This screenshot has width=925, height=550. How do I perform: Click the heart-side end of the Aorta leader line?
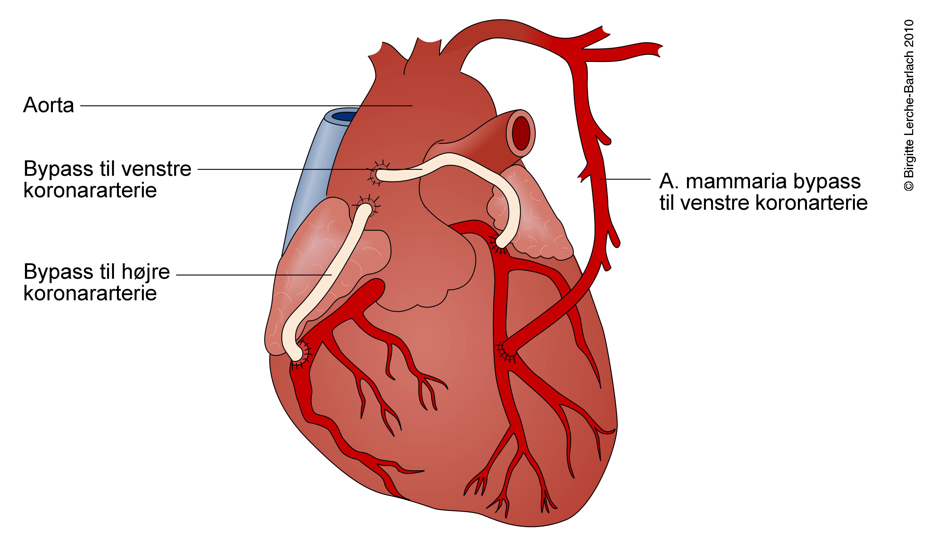pyautogui.click(x=412, y=106)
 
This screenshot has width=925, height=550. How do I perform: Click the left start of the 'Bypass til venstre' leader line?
pyautogui.click(x=198, y=169)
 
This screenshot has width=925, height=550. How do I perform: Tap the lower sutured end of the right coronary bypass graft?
pyautogui.click(x=298, y=354)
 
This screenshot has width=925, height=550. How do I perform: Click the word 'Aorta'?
pyautogui.click(x=49, y=105)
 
